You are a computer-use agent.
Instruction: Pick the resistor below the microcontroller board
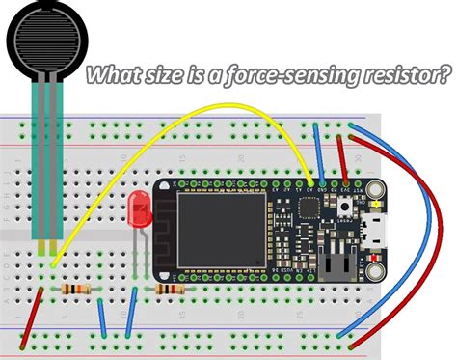point(170,288)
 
